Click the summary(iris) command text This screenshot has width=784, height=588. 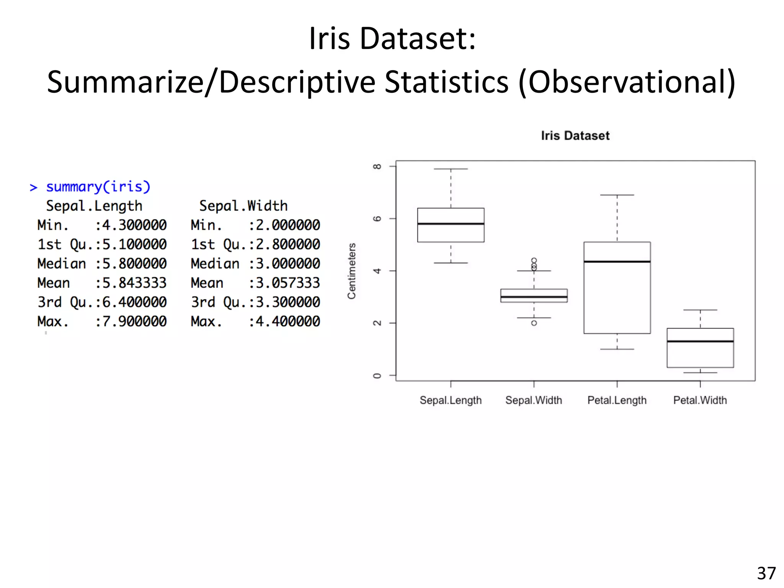tap(98, 187)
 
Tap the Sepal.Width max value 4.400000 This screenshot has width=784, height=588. tap(287, 321)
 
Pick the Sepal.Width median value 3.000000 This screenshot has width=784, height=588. tap(287, 264)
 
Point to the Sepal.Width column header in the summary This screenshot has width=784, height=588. tap(243, 206)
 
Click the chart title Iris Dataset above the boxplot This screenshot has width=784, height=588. tap(575, 136)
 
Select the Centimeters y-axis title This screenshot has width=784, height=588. tap(351, 271)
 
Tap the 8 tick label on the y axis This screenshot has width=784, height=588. tap(377, 167)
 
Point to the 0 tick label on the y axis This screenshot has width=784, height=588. tap(377, 376)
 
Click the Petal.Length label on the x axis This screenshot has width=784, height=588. tap(617, 400)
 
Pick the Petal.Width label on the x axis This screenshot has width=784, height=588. tap(700, 400)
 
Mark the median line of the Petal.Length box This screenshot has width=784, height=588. tap(617, 261)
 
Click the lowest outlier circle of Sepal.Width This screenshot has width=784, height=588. tap(534, 323)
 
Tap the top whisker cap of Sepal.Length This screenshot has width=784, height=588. tap(451, 169)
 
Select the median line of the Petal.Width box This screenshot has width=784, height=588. tap(700, 341)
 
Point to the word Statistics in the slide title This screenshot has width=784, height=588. tap(446, 82)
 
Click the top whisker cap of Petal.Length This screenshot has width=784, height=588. tap(617, 195)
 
